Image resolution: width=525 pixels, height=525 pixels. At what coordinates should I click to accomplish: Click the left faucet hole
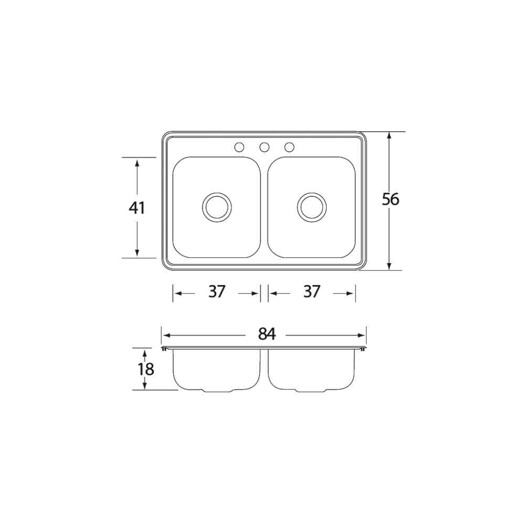click(239, 147)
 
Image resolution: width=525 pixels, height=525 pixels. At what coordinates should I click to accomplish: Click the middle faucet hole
click(265, 147)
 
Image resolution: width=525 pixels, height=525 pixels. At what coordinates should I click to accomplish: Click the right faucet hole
click(289, 147)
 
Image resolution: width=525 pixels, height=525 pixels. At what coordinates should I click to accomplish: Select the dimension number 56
click(391, 199)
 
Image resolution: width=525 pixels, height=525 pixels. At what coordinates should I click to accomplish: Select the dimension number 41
click(137, 208)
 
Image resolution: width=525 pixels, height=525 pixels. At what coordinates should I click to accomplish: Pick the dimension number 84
click(267, 334)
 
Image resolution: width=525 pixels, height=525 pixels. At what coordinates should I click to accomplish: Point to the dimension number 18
click(146, 369)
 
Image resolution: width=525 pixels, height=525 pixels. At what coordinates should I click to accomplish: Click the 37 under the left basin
click(217, 291)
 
